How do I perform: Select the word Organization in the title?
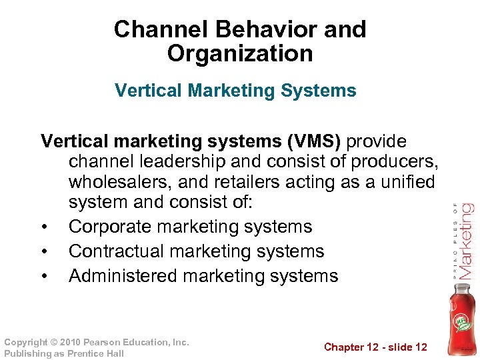point(240,54)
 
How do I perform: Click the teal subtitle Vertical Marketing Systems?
point(235,91)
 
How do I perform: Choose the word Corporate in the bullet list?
point(110,227)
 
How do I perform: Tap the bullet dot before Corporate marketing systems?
point(43,227)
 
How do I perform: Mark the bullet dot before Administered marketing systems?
point(43,277)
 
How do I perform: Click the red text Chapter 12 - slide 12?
point(375,347)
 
